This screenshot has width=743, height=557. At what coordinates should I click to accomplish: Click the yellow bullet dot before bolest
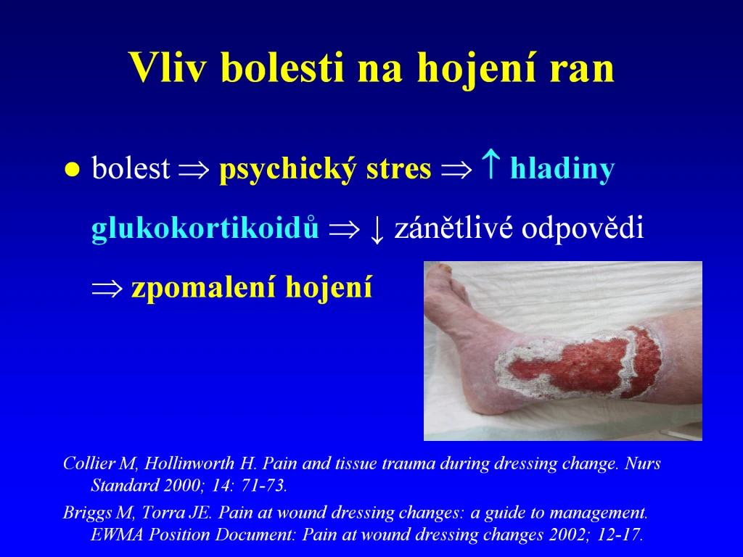coord(72,169)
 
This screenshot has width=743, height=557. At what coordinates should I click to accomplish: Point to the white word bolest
coord(131,168)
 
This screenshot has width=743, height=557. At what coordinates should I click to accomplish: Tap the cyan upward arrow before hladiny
coord(490,164)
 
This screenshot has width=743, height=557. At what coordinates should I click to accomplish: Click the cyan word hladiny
coord(562,169)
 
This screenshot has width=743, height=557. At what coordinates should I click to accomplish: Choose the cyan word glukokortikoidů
coord(205,227)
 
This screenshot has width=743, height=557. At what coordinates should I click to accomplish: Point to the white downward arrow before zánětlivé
coord(377,230)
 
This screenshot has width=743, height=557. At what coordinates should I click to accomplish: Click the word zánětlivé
coord(453,228)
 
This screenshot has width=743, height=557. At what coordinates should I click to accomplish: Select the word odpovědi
coord(583,228)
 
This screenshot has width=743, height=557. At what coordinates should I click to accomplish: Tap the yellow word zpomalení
coord(204,288)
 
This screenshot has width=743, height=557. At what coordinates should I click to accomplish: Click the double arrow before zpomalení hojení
coord(107,289)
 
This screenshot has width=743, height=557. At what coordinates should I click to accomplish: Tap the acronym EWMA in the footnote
coord(117,535)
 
